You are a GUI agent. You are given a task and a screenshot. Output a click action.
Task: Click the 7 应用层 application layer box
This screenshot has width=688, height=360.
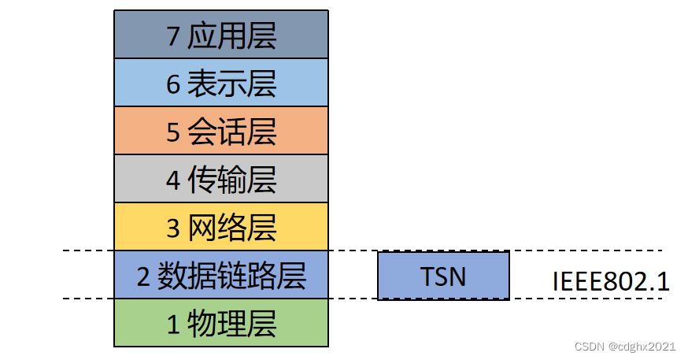(x=220, y=34)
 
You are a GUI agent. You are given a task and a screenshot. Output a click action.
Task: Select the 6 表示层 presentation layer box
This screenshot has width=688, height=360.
(x=220, y=83)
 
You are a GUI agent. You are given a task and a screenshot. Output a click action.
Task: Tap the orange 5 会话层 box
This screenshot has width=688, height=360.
(x=220, y=131)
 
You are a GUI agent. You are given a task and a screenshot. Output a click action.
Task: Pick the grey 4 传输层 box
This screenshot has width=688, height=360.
(x=220, y=179)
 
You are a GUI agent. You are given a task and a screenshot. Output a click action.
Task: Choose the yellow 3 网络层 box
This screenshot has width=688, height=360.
(x=220, y=227)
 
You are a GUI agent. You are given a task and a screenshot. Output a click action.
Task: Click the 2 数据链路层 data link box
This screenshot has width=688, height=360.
(x=220, y=275)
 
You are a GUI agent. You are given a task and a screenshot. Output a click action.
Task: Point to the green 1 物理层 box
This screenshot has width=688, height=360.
(x=220, y=323)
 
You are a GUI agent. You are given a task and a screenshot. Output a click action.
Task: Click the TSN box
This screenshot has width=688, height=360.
(x=443, y=276)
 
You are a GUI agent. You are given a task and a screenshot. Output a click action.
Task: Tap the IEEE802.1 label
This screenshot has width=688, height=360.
(x=611, y=281)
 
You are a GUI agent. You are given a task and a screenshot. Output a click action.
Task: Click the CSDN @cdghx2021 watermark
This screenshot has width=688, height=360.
(x=625, y=347)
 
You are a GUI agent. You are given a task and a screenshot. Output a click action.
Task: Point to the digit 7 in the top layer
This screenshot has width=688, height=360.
(x=174, y=36)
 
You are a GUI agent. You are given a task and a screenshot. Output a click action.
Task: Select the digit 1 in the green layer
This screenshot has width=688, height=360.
(x=174, y=325)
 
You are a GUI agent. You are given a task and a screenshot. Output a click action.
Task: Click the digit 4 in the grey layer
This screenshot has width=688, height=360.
(x=174, y=180)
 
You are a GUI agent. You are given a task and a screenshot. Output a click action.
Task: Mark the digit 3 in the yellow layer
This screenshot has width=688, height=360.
(x=174, y=228)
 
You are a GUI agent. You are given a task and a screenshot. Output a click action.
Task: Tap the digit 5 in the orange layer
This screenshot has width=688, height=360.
(x=174, y=132)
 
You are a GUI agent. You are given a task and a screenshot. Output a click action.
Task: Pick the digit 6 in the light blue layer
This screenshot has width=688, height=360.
(x=174, y=84)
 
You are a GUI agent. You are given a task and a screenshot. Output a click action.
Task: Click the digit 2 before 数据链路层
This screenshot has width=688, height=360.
(x=143, y=276)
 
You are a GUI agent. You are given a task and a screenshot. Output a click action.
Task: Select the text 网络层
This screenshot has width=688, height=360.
(x=232, y=228)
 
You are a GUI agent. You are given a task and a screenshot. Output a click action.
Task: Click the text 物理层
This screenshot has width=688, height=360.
(x=232, y=324)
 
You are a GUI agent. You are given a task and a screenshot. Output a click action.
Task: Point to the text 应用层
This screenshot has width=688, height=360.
(x=232, y=35)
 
